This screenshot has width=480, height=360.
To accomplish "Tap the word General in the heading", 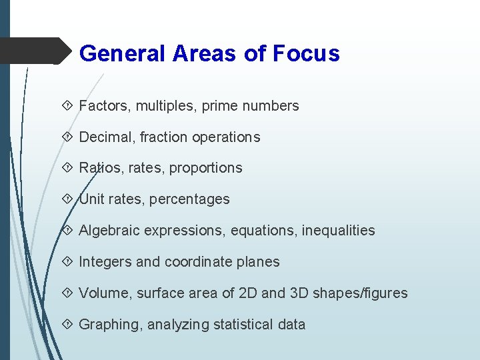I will [x=123, y=53].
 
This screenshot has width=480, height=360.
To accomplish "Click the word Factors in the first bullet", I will [x=102, y=105].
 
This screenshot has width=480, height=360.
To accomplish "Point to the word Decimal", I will [x=105, y=137].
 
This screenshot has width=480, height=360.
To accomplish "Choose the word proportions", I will [x=206, y=168].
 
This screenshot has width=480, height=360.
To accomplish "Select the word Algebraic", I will [x=110, y=231].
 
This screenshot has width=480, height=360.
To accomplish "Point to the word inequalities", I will [x=339, y=231].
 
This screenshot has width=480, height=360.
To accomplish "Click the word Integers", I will [x=105, y=262].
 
